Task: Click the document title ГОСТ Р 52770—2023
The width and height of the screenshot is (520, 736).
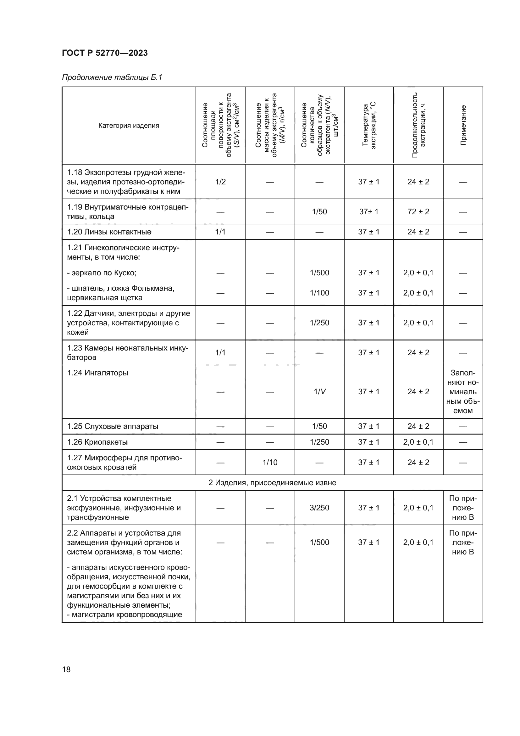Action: [x=105, y=53]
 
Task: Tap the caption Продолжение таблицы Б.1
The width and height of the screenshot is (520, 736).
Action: [x=112, y=77]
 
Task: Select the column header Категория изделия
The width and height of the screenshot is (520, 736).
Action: [x=128, y=125]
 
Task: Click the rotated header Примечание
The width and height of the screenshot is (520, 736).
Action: [x=463, y=125]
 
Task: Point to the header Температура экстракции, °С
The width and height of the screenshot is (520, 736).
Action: [x=369, y=125]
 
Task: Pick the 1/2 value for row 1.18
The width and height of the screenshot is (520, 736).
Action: [x=220, y=182]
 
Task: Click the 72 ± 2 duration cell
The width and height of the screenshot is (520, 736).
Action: [x=418, y=211]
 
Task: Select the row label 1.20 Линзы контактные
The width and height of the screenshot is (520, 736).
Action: [x=109, y=232]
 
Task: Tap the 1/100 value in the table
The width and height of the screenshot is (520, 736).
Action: [x=319, y=293]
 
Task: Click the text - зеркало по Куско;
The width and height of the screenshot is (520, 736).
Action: [x=102, y=273]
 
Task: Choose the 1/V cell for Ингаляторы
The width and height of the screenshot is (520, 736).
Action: [x=319, y=392]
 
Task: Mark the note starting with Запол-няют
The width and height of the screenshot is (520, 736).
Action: [x=463, y=392]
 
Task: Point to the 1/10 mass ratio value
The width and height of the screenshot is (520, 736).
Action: [x=270, y=462]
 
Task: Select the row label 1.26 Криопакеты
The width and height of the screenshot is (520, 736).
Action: [x=97, y=442]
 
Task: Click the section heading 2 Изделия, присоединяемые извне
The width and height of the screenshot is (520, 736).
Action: [x=272, y=482]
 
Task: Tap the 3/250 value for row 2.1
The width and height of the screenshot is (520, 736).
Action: [x=319, y=508]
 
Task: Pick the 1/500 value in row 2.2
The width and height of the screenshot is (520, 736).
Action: [x=319, y=542]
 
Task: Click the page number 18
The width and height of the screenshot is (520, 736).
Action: [x=66, y=669]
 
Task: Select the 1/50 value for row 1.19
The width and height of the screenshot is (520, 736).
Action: [x=319, y=211]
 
